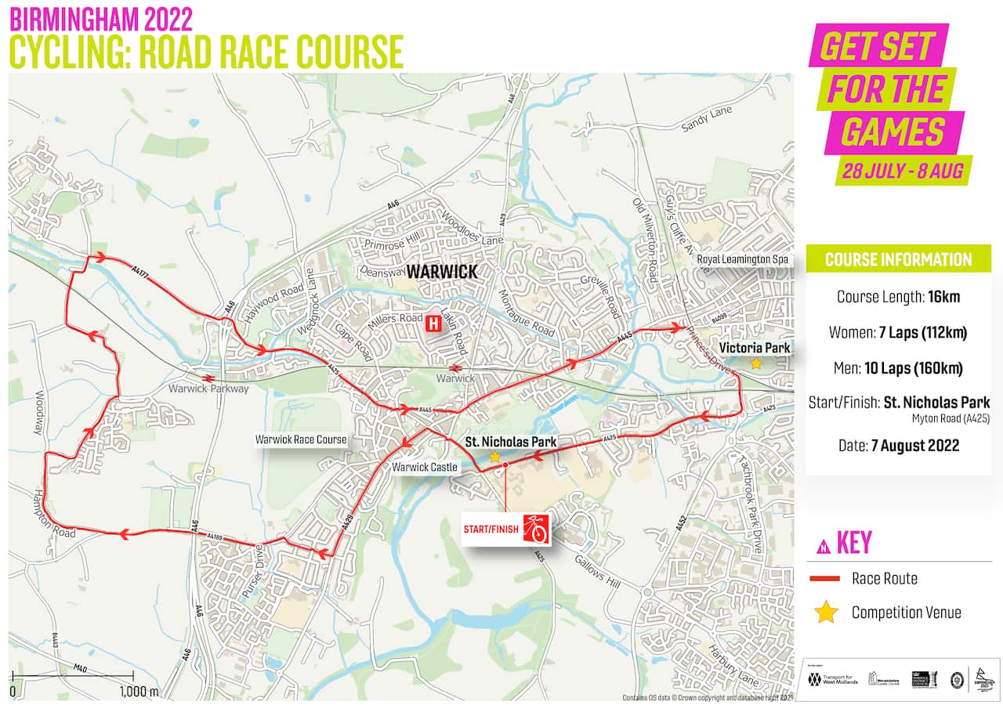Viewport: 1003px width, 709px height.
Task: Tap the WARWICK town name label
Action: tap(441, 271)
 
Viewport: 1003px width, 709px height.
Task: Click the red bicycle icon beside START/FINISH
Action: tap(534, 529)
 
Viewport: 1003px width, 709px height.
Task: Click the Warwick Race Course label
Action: tap(300, 440)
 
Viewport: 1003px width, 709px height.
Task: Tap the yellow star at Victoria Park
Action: tap(755, 364)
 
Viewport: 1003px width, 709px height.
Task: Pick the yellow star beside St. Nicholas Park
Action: tap(494, 456)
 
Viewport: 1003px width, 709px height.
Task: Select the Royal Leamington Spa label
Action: tap(741, 259)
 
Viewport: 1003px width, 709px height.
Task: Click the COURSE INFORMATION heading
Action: tap(898, 259)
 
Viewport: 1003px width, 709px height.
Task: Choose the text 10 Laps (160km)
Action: tap(916, 368)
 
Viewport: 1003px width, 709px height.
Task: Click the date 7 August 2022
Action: tap(915, 446)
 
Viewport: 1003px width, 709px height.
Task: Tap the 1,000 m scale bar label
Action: tap(139, 692)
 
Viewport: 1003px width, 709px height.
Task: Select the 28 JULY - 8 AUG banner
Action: tap(903, 169)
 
